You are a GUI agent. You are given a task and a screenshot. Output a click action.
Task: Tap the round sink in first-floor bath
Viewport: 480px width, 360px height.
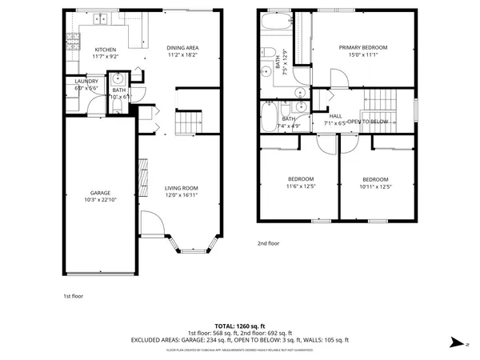(x=118, y=79)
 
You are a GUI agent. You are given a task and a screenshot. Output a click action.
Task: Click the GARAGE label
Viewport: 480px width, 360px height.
(x=100, y=194)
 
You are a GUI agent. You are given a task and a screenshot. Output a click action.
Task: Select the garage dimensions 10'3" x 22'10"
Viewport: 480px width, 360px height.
(x=100, y=200)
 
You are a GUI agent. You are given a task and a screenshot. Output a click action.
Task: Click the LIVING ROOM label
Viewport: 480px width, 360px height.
(x=181, y=188)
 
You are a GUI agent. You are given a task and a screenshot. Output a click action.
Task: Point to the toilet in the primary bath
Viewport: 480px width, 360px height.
(x=271, y=56)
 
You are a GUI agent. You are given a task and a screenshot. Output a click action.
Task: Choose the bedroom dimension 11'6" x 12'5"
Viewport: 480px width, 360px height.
(x=301, y=186)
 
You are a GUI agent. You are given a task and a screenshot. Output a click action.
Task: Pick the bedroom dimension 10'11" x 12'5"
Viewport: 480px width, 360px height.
(x=374, y=186)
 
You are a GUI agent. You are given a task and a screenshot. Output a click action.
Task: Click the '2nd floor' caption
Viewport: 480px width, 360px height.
(x=268, y=242)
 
